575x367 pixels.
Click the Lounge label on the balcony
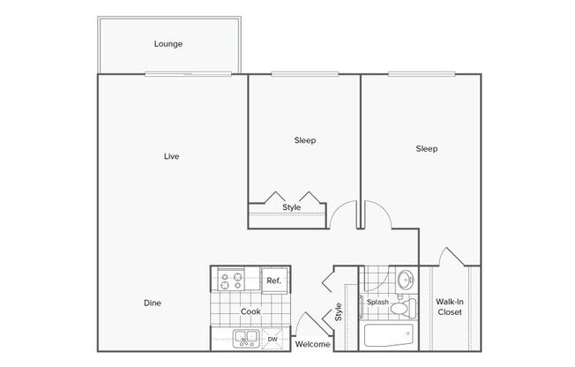pyautogui.click(x=168, y=44)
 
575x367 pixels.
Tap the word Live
pyautogui.click(x=171, y=156)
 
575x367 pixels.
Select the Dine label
pyautogui.click(x=153, y=303)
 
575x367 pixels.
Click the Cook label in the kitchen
pyautogui.click(x=250, y=311)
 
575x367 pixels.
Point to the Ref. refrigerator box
pyautogui.click(x=274, y=281)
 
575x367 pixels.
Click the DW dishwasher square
pyautogui.click(x=273, y=339)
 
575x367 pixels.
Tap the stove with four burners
pyautogui.click(x=231, y=280)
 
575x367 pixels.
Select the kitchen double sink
pyautogui.click(x=246, y=339)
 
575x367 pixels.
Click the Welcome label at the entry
pyautogui.click(x=312, y=344)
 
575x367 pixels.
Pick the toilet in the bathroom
pyautogui.click(x=403, y=308)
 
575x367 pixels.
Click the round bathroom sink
pyautogui.click(x=406, y=280)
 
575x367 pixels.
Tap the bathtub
pyautogui.click(x=389, y=335)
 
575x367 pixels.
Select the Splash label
pyautogui.click(x=377, y=302)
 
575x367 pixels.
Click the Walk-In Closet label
pyautogui.click(x=450, y=307)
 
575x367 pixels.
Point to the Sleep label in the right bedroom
pyautogui.click(x=427, y=148)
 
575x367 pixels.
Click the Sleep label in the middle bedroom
pyautogui.click(x=305, y=140)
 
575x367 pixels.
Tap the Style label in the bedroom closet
pyautogui.click(x=292, y=207)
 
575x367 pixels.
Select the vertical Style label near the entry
pyautogui.click(x=338, y=312)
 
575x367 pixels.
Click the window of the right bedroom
pyautogui.click(x=422, y=74)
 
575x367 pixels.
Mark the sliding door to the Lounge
pyautogui.click(x=188, y=74)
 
